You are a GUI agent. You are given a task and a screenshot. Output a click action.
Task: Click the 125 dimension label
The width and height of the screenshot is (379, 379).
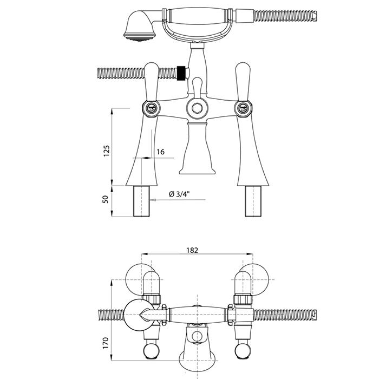pos(107,151)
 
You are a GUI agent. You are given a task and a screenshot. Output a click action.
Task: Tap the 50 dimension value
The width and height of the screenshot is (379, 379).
pos(106,199)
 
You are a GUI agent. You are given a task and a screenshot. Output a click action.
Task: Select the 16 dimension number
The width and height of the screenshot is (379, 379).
pos(160,152)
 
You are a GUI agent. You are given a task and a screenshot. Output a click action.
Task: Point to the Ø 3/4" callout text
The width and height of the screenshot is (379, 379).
pos(180,194)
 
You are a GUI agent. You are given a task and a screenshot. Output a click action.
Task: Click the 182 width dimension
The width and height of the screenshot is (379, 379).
pos(192,250)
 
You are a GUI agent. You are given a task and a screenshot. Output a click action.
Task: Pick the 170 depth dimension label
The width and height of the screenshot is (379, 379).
pos(106,343)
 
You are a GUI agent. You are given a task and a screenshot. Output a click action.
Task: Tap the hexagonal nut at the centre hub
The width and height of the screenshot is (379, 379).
pos(198,108)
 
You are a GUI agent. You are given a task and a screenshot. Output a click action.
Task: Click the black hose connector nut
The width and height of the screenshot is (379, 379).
pos(181,73)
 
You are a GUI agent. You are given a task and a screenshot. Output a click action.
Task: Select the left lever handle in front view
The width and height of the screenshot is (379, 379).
pos(151,81)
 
